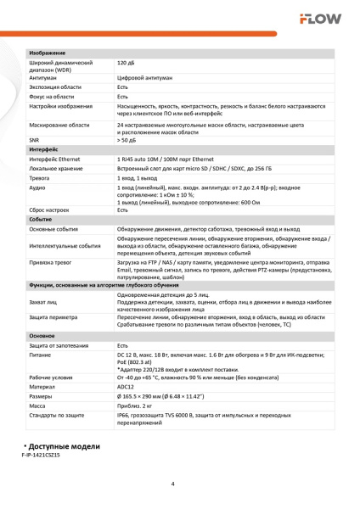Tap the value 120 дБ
click(x=126, y=64)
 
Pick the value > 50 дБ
click(x=127, y=139)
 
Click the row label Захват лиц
click(x=45, y=302)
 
